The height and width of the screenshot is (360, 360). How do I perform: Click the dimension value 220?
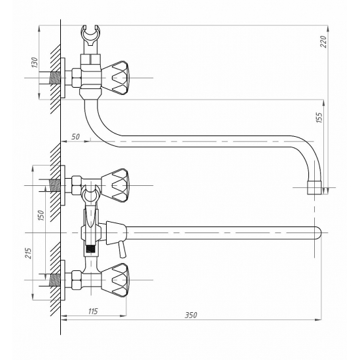pyautogui.click(x=323, y=41)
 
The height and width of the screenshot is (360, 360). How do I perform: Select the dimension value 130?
pyautogui.click(x=35, y=62)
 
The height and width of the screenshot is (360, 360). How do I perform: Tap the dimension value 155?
pyautogui.click(x=319, y=117)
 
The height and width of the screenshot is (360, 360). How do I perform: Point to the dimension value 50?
pyautogui.click(x=75, y=137)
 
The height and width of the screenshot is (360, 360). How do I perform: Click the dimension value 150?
pyautogui.click(x=41, y=215)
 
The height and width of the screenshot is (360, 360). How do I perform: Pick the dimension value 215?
pyautogui.click(x=28, y=253)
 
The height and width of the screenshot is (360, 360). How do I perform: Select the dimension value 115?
pyautogui.click(x=93, y=311)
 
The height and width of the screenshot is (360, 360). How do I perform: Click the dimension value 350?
pyautogui.click(x=191, y=315)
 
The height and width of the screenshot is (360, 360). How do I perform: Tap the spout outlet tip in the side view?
pyautogui.click(x=314, y=188)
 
